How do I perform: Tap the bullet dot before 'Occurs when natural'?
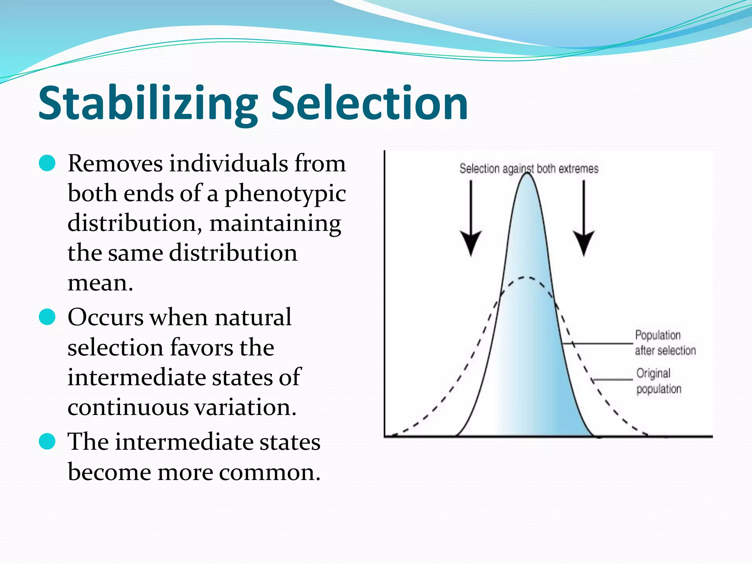click(47, 317)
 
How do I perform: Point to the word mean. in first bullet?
click(100, 283)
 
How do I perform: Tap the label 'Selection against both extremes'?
click(529, 169)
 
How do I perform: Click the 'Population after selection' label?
click(665, 343)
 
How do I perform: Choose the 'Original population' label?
click(659, 381)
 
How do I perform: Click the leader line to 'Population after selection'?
click(599, 343)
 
